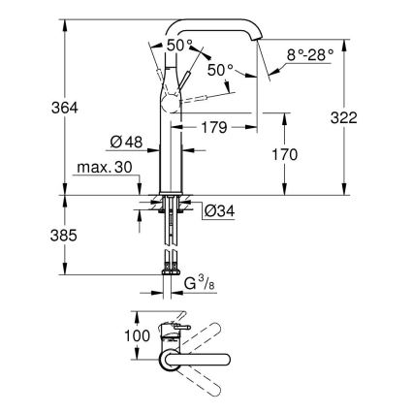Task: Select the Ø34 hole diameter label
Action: point(219,209)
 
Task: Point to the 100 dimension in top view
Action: point(138,334)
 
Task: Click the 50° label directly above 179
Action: point(221,70)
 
